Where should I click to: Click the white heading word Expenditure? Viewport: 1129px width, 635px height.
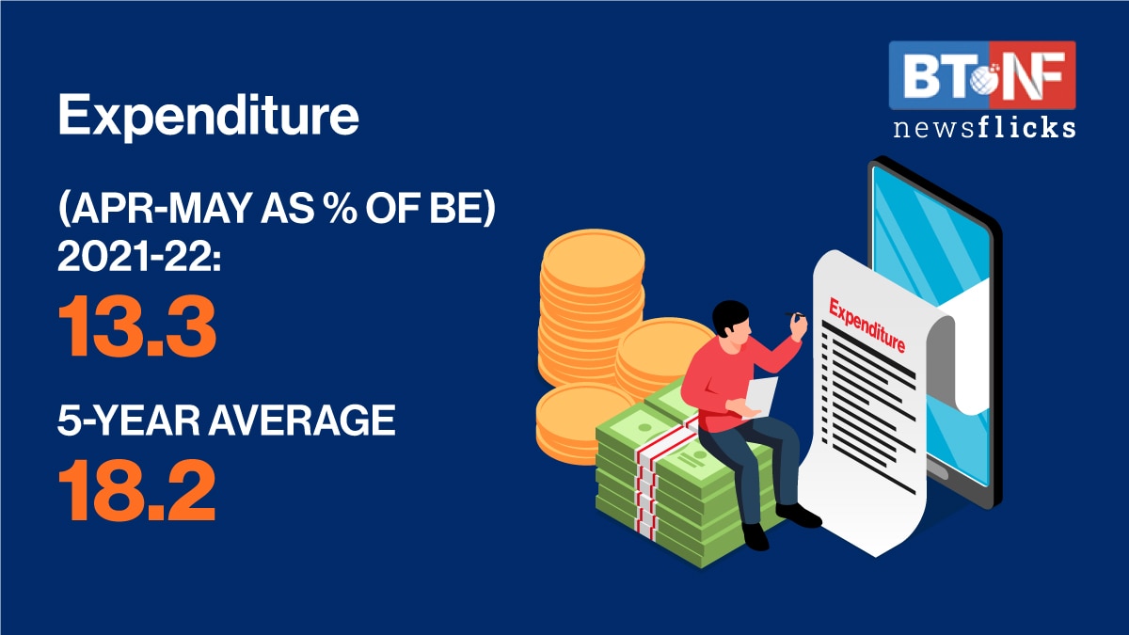(209, 116)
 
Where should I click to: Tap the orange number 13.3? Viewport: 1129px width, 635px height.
(137, 327)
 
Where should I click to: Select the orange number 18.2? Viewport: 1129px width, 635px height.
(137, 490)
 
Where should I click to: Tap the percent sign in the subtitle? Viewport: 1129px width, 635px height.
(338, 208)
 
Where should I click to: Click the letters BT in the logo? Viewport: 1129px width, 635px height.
(932, 75)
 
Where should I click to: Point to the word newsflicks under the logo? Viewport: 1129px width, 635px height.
(984, 128)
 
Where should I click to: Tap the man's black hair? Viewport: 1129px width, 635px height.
(730, 315)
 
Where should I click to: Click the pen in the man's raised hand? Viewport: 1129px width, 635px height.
(794, 314)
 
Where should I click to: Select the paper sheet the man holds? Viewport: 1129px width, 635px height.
(760, 397)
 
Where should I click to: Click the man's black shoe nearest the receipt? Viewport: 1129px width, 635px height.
(799, 516)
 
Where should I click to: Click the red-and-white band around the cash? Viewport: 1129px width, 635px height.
(655, 479)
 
